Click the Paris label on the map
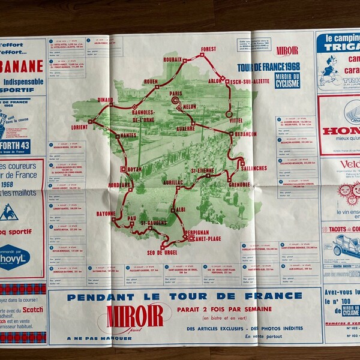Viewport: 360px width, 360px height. coord(175,94)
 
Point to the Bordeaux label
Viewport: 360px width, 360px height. coord(121,185)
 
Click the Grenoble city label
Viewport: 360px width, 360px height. coord(239,184)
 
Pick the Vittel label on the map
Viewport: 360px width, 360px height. coord(237,120)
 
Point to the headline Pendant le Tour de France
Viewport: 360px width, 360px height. coord(184,296)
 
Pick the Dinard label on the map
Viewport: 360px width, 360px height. coord(105,101)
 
